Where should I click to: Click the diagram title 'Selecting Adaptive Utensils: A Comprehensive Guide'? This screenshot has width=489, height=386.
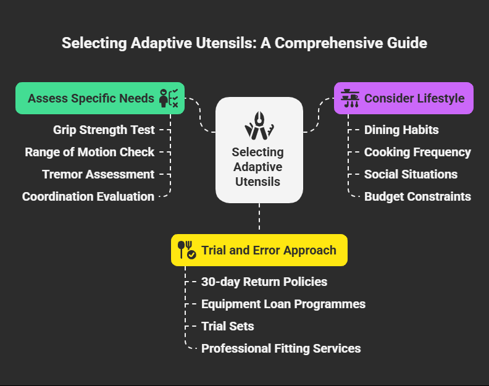(x=244, y=44)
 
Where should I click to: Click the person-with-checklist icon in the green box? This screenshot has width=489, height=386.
(x=169, y=98)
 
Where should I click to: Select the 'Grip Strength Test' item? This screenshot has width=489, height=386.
(x=104, y=130)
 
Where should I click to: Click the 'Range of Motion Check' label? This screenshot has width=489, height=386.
(x=90, y=152)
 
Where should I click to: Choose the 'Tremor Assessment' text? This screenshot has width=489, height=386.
(x=98, y=174)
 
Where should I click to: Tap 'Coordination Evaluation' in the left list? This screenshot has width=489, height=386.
(x=88, y=196)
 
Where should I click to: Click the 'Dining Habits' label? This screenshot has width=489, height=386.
(x=401, y=130)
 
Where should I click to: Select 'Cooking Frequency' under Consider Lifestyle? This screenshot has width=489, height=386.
(x=417, y=152)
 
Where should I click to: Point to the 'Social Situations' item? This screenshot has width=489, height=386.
(x=411, y=174)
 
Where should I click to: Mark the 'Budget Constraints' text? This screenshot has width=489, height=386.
(x=417, y=196)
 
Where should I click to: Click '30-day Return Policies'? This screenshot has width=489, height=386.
(x=264, y=282)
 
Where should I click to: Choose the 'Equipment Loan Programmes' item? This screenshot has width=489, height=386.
(x=283, y=304)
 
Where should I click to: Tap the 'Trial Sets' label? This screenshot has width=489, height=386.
(x=228, y=326)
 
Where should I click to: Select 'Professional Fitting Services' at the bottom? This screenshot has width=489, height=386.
(x=281, y=348)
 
